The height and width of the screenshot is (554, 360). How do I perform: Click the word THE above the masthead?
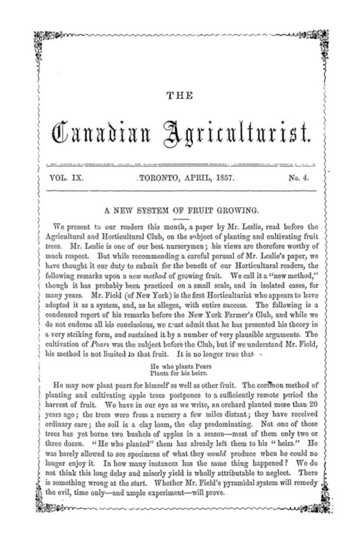pyautogui.click(x=179, y=96)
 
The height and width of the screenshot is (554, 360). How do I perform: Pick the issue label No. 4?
pyautogui.click(x=298, y=177)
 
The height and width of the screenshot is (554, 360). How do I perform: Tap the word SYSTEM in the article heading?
pyautogui.click(x=156, y=209)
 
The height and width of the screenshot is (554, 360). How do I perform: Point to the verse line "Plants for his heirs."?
pyautogui.click(x=179, y=373)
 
